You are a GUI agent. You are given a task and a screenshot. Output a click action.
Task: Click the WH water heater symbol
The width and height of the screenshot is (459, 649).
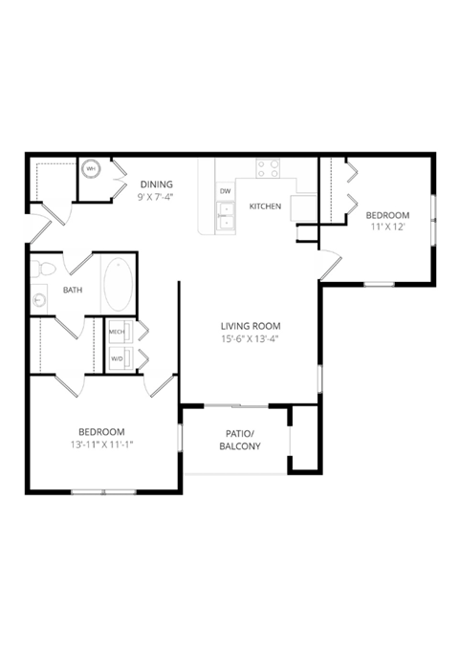coord(92,169)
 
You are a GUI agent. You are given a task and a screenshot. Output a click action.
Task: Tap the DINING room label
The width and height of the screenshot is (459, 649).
coord(156,184)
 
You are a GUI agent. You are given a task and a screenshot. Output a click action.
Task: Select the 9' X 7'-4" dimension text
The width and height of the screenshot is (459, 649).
coord(156,197)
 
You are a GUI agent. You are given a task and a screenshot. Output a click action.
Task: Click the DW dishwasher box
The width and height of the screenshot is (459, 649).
coord(226,192)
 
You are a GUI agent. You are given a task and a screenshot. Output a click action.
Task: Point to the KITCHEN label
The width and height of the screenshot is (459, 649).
coord(264,206)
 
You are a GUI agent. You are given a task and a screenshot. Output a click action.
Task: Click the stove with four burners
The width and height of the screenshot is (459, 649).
coord(269,169)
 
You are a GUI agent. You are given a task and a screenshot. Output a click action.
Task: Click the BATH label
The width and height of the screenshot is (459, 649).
coord(73,290)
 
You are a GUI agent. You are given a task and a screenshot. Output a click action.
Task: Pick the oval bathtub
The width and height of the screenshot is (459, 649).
coord(119,284)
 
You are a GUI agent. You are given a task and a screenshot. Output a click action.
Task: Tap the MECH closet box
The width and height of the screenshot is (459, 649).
coord(119,333)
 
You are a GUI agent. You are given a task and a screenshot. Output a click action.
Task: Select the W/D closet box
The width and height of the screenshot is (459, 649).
coord(119,359)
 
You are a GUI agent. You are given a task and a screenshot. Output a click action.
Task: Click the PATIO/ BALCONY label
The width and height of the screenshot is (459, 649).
coord(239,440)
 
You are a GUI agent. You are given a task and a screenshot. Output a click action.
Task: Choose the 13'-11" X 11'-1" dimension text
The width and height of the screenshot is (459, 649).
coord(100,444)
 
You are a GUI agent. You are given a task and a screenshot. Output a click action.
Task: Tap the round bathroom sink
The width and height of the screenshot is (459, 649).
coord(38,298)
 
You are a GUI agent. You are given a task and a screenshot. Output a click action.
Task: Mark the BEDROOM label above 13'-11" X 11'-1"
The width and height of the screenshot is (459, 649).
coord(100,432)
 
